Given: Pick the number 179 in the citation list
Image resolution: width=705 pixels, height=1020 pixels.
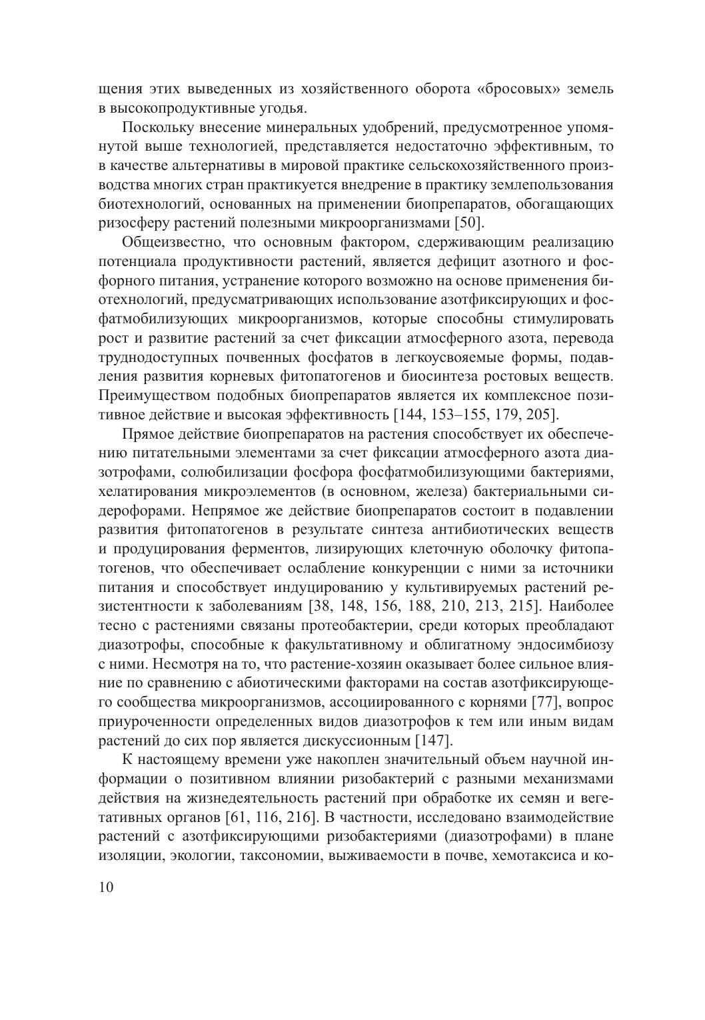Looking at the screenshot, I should coord(494,415).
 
